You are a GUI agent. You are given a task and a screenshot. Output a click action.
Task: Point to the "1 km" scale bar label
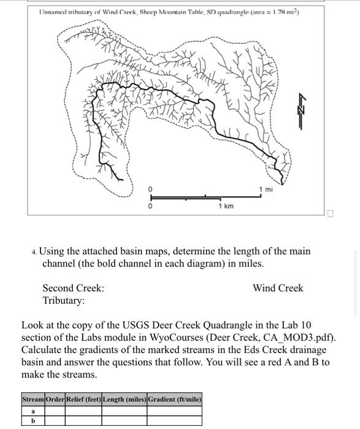(x=225, y=207)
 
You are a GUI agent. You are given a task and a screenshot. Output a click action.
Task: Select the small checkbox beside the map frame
(x=331, y=214)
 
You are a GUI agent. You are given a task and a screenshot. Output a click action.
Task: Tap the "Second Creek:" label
(x=73, y=288)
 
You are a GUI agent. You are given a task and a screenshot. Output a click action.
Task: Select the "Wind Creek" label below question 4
(x=277, y=288)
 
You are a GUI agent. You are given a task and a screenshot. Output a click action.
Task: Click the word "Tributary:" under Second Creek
(x=64, y=301)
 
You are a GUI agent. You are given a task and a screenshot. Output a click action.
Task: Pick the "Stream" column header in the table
(x=33, y=400)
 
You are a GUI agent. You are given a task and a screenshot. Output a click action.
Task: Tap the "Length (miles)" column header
(x=124, y=400)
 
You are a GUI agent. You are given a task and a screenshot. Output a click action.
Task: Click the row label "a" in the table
(x=33, y=411)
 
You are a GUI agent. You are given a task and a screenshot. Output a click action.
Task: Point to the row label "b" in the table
(x=33, y=420)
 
